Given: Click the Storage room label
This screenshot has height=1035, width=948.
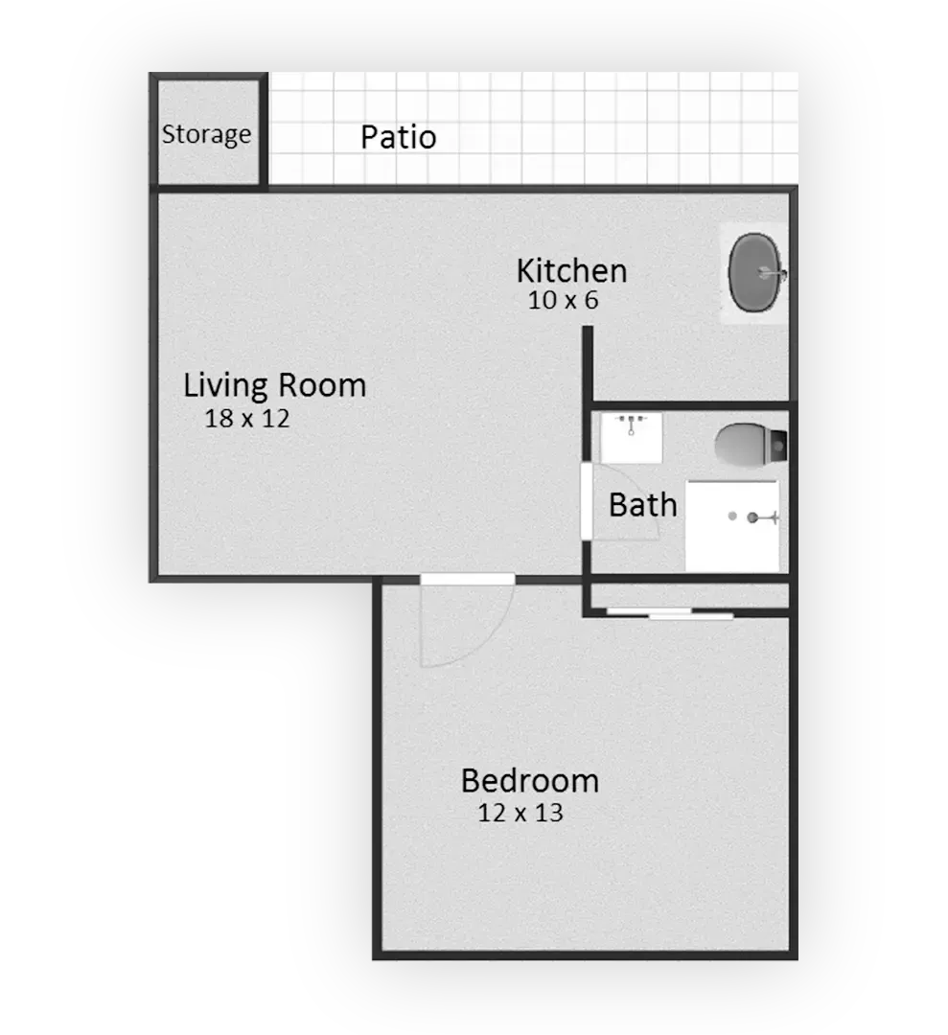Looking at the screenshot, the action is point(207,135).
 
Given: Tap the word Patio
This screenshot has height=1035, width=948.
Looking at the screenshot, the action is point(398,137).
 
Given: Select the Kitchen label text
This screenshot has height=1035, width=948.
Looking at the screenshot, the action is point(571,270).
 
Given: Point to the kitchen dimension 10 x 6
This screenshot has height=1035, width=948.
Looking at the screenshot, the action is point(563,300).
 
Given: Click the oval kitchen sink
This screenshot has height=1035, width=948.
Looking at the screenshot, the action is point(754,271).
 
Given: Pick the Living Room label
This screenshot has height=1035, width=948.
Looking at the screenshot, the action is point(275,385).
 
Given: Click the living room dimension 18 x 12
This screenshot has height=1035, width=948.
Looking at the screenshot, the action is point(247,419).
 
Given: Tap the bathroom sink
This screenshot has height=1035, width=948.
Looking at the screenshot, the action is point(631,438).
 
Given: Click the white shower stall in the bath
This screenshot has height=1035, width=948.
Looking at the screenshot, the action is point(732,526).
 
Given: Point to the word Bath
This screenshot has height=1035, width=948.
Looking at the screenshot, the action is point(643,506).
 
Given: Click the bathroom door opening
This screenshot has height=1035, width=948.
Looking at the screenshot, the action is point(586,501).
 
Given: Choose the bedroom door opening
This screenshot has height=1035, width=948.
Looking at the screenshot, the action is point(468,579).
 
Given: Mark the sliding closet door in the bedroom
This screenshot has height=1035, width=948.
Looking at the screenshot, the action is point(669,614).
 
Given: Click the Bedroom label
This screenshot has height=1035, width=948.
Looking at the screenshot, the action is point(530,781).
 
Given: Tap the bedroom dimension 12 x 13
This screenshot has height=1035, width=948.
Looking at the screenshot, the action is point(520,813).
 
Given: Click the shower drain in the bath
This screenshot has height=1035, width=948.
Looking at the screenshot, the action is point(732,517).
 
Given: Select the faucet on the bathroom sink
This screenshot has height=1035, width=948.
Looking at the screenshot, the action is point(631,425).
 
